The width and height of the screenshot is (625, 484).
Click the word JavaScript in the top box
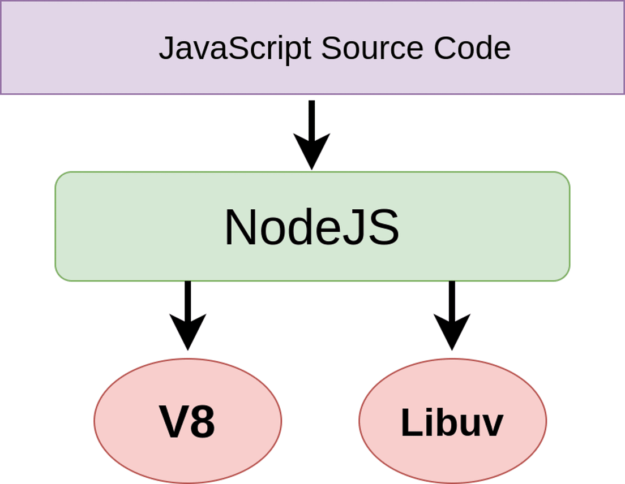[234, 49]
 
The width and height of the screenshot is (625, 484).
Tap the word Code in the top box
[472, 49]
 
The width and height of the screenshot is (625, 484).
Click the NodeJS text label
[312, 227]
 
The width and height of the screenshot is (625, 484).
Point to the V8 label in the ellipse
[187, 422]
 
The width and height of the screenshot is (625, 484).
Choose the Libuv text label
[452, 422]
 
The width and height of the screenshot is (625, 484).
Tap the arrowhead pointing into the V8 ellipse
[187, 334]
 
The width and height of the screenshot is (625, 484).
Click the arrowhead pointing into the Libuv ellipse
[452, 334]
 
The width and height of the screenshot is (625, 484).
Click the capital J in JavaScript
[165, 49]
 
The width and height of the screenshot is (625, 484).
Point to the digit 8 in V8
[202, 422]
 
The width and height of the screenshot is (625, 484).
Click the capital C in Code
[446, 49]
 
